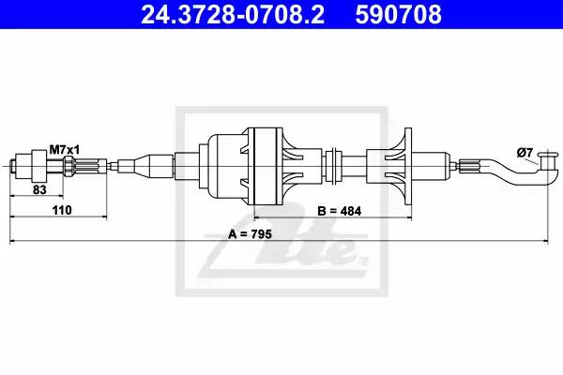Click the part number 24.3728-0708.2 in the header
(x=233, y=14)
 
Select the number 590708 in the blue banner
(x=398, y=14)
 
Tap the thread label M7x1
(x=65, y=150)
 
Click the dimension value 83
(x=39, y=189)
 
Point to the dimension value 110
(x=62, y=210)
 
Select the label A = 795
(x=250, y=234)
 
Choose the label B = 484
(x=340, y=211)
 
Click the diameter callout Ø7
(x=525, y=153)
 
